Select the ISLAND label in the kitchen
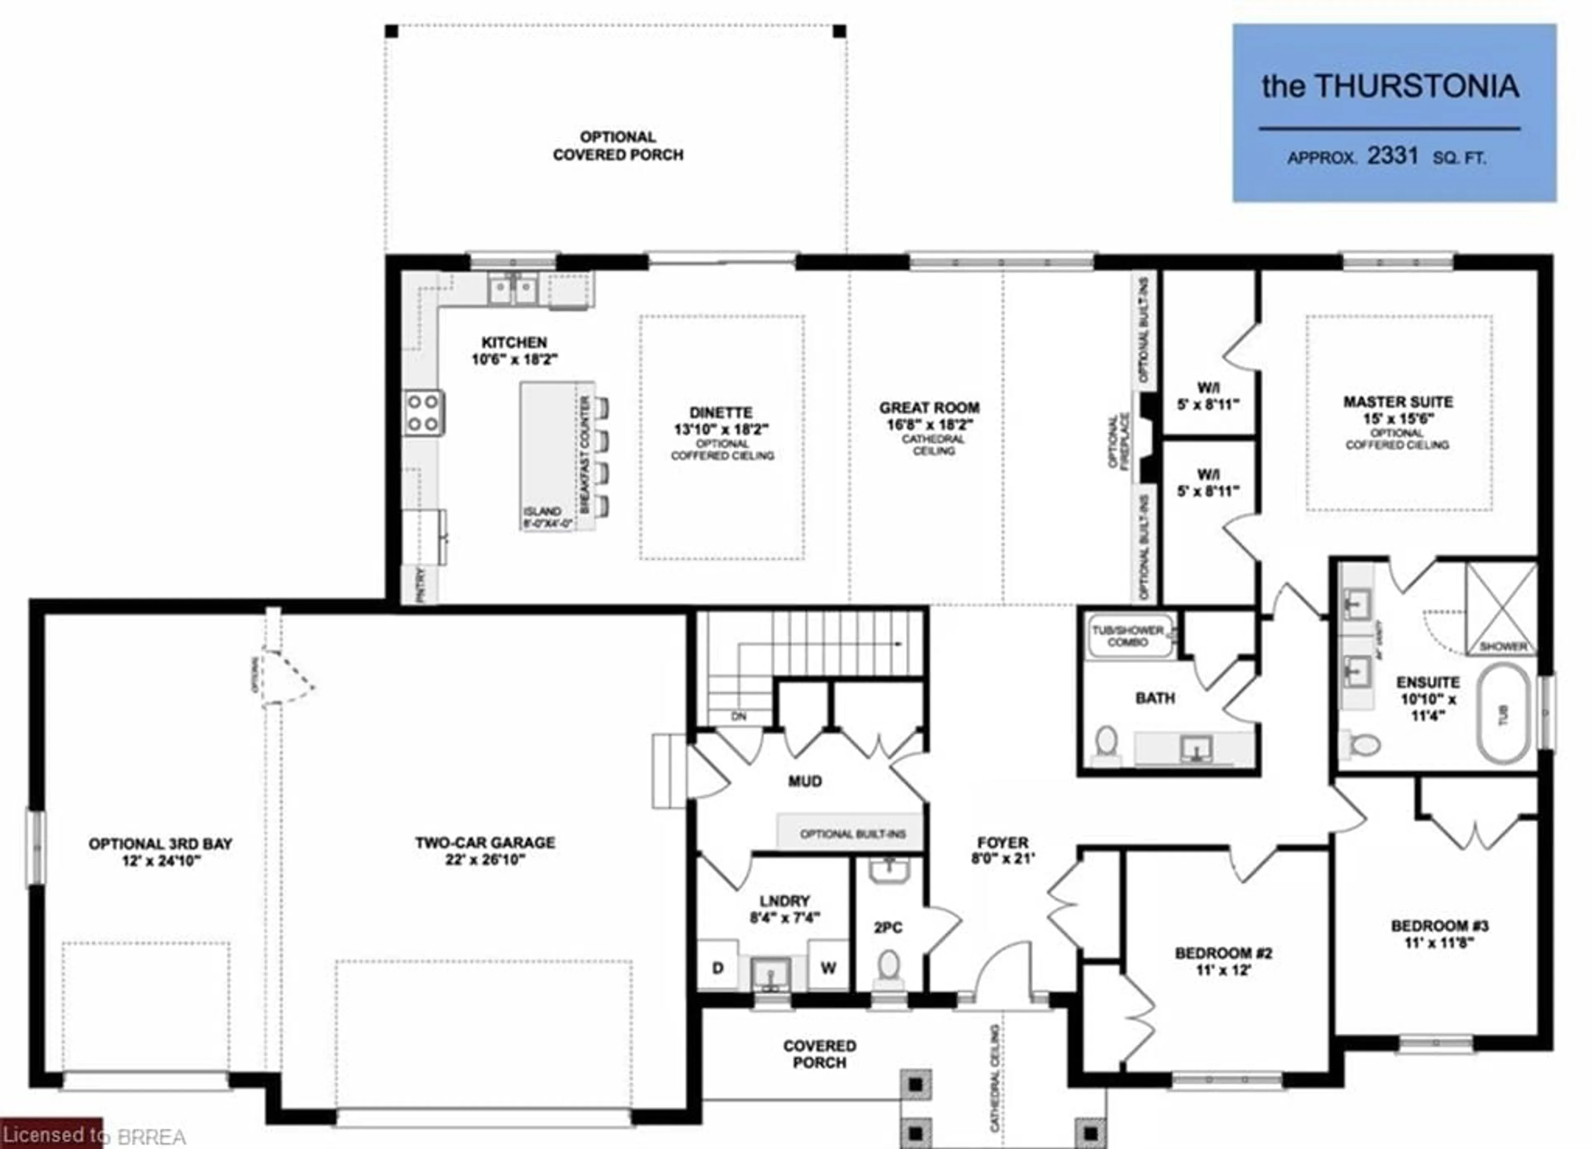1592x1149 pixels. [x=542, y=511]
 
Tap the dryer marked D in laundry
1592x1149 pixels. [x=717, y=968]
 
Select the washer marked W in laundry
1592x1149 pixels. [x=828, y=968]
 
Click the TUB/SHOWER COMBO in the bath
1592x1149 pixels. [x=1128, y=636]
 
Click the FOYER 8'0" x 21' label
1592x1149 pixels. [x=1002, y=849]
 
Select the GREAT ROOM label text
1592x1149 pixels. [x=929, y=408]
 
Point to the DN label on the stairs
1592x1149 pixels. [x=738, y=717]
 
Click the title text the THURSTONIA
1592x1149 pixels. [x=1390, y=86]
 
